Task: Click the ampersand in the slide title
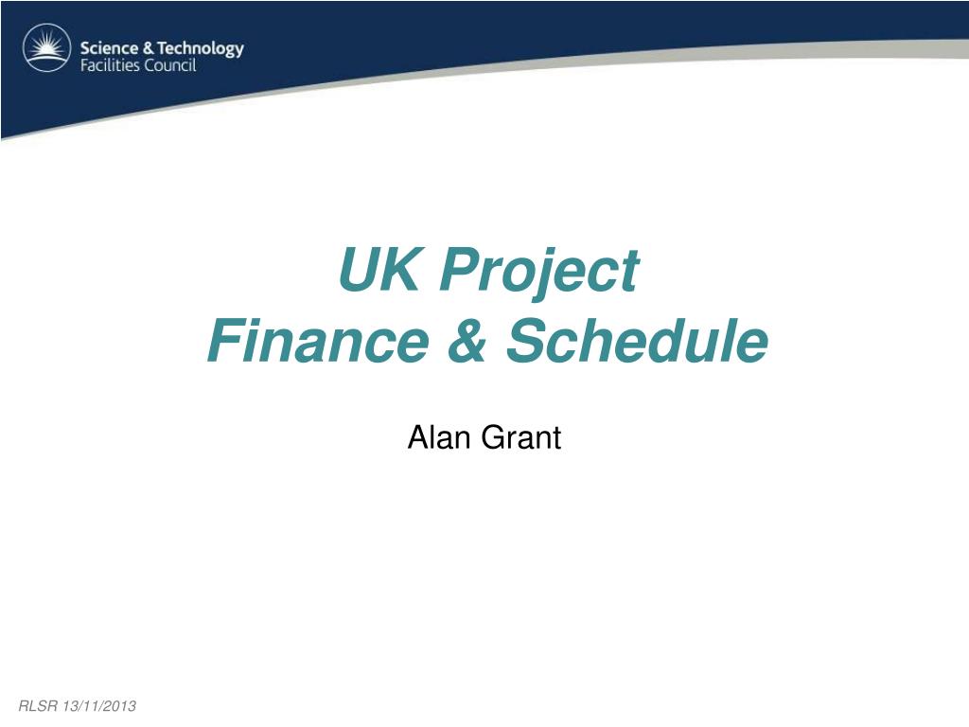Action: pos(467,340)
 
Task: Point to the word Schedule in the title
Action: pos(637,340)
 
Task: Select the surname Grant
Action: pos(521,437)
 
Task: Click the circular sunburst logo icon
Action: pos(47,47)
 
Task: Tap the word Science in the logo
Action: pos(110,48)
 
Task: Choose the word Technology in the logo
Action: pos(201,49)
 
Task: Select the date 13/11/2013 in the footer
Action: pos(98,706)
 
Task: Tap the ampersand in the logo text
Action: pos(148,48)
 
